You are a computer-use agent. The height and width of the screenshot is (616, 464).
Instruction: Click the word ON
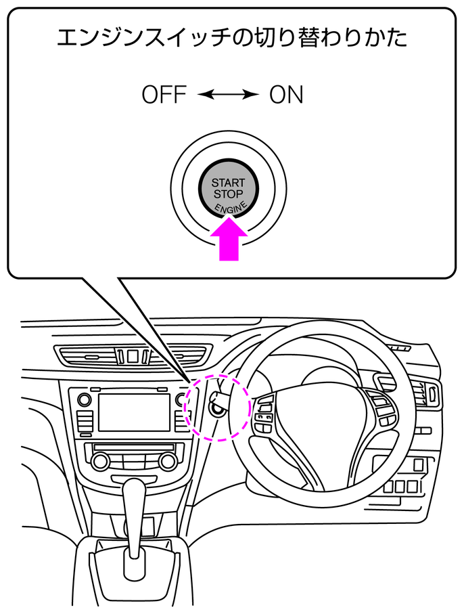coord(286,95)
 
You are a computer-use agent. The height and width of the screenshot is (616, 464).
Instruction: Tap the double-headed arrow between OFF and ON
coord(229,95)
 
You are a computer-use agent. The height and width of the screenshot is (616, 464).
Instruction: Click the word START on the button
coord(229,183)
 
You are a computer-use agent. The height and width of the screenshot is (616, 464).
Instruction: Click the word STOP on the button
coord(229,194)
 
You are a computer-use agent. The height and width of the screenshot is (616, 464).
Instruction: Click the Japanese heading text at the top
coord(231,38)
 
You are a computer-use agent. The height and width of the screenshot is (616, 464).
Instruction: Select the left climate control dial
coord(101,462)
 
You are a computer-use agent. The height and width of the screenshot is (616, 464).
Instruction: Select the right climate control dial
coord(166,462)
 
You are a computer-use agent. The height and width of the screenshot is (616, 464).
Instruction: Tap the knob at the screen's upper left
coord(85,399)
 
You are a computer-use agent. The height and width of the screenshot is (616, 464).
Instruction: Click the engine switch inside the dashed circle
coord(218,408)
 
